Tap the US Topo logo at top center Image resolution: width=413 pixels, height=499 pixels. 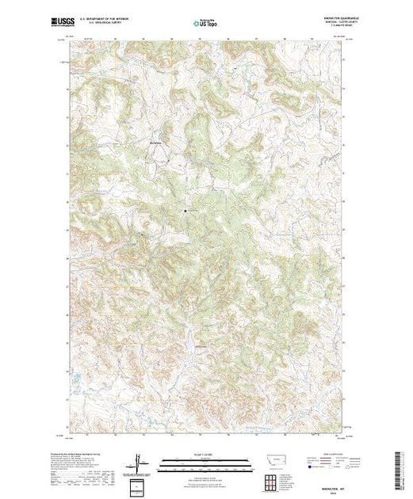pos(205,23)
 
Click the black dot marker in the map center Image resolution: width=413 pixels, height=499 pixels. pos(185,211)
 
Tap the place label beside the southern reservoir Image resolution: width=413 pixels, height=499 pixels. pos(203,346)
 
